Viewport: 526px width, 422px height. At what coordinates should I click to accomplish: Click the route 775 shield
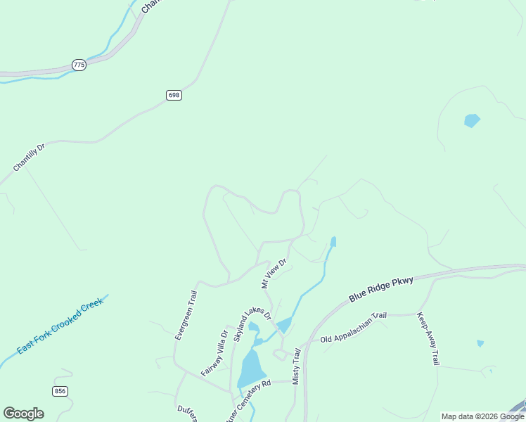79,65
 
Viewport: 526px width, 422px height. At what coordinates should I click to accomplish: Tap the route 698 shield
174,95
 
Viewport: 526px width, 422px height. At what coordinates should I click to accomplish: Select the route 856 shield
60,391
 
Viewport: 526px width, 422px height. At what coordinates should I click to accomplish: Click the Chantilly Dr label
29,158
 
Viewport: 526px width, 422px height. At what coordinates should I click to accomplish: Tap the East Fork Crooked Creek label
61,325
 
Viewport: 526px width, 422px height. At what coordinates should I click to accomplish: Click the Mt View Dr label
274,274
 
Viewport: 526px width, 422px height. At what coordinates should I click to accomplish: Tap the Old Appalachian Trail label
354,328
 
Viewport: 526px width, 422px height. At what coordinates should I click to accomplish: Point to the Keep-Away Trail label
428,339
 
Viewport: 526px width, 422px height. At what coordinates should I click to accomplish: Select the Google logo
23,414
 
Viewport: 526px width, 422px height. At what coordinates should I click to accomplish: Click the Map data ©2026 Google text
482,416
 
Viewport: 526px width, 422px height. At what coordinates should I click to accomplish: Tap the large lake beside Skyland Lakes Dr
250,368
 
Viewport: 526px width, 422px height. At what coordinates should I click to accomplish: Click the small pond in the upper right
472,120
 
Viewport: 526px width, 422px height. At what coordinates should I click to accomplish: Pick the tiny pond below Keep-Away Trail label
480,343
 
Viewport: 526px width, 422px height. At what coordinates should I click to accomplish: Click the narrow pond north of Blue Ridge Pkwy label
333,242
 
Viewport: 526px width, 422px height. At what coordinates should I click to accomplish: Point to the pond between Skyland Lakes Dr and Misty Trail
284,325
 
